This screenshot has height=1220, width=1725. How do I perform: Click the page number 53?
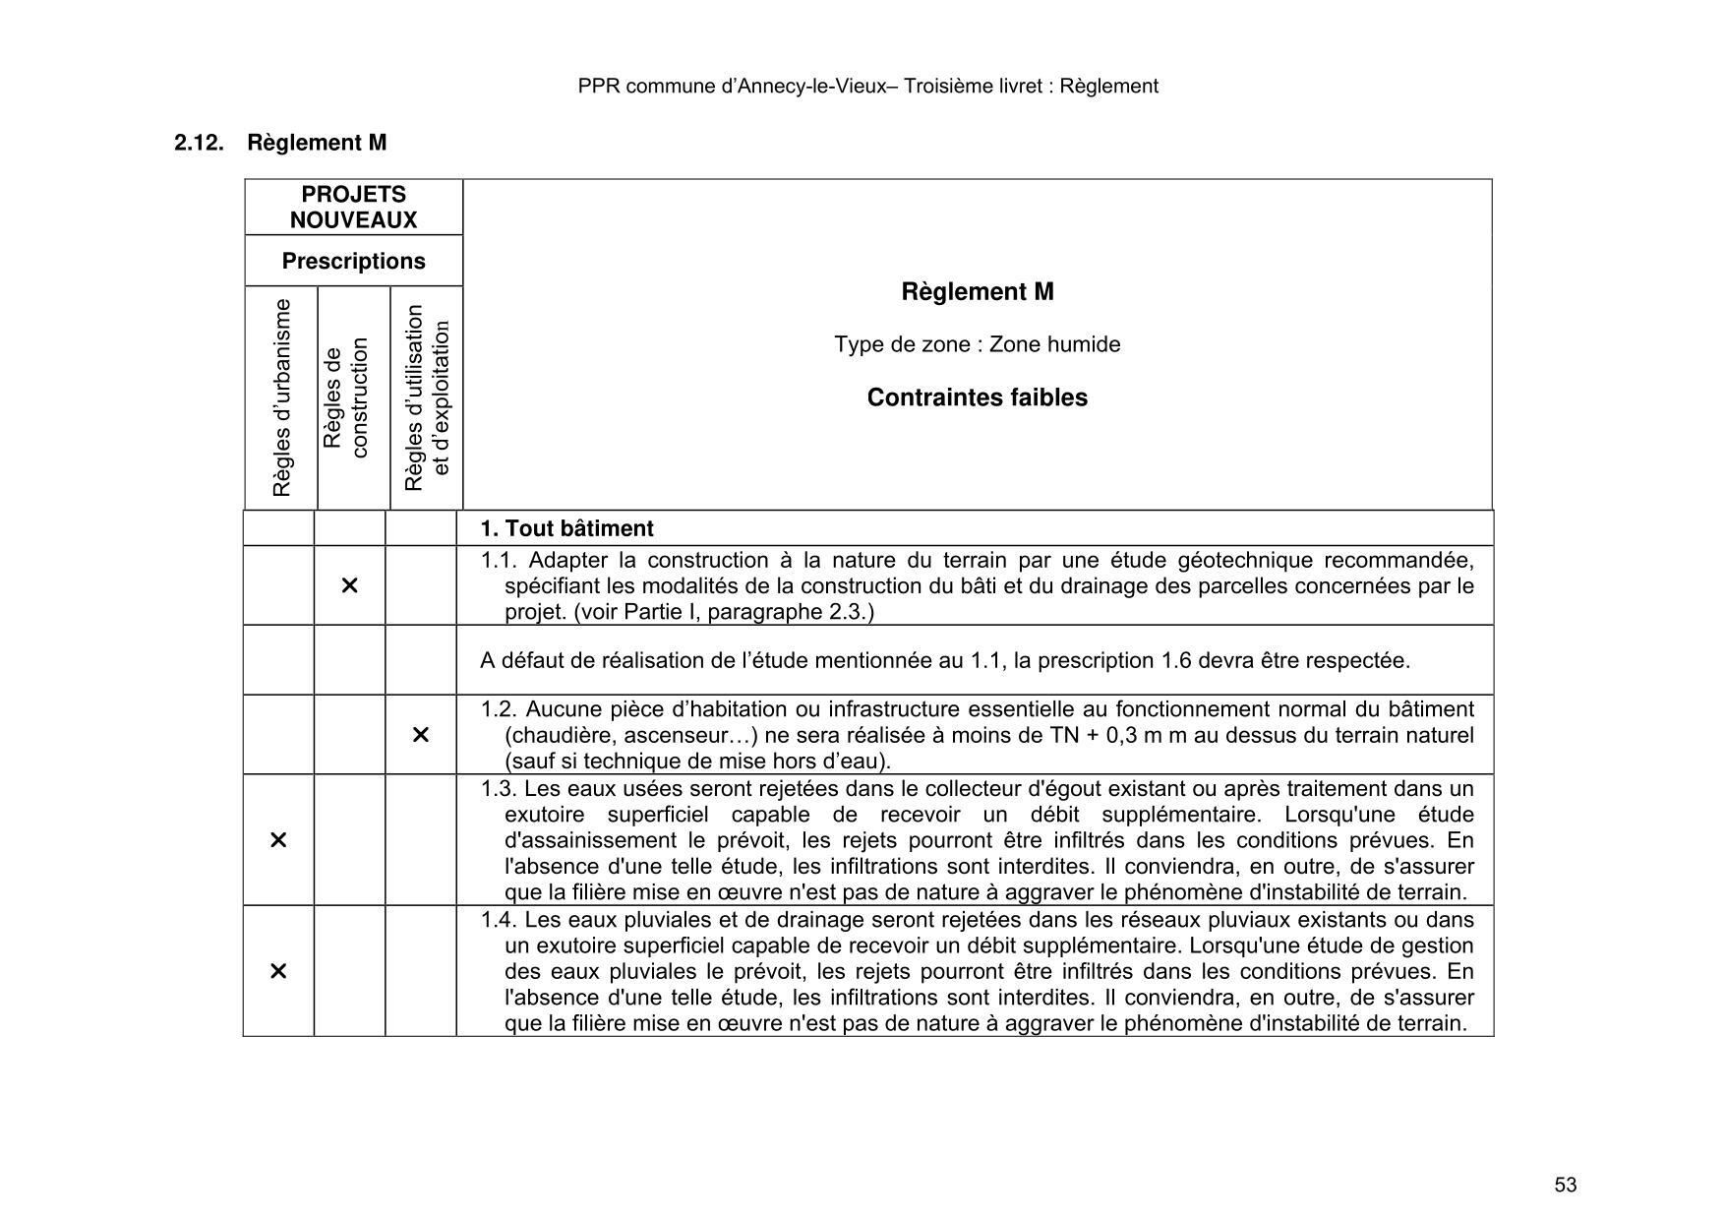(x=1566, y=1185)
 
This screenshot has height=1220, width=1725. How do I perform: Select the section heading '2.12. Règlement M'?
(x=280, y=143)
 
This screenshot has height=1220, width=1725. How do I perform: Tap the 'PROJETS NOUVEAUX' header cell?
(x=353, y=208)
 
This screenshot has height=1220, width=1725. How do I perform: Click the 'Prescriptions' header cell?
(x=353, y=261)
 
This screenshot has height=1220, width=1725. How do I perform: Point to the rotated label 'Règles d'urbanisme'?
(x=282, y=397)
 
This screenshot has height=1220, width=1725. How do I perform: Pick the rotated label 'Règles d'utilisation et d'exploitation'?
(x=427, y=397)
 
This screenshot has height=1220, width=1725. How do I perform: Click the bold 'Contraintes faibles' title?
(x=977, y=397)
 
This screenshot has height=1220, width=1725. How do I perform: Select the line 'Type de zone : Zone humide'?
(x=977, y=344)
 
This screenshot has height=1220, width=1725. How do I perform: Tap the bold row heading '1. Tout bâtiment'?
(x=566, y=528)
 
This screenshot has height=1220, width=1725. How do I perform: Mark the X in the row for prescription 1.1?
(x=349, y=585)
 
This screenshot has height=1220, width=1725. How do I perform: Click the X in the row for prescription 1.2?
(x=420, y=735)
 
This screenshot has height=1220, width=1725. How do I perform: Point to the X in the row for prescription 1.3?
(x=278, y=840)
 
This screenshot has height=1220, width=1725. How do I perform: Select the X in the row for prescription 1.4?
(x=278, y=971)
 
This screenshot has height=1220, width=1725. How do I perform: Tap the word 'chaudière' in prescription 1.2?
(x=554, y=735)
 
